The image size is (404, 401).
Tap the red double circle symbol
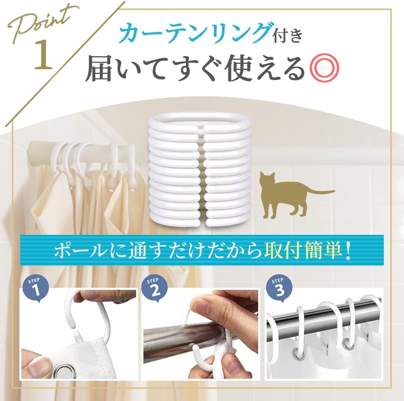tap(324, 68)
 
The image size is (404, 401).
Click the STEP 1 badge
tap(36, 289)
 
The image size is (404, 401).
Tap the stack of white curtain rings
tap(199, 171)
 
